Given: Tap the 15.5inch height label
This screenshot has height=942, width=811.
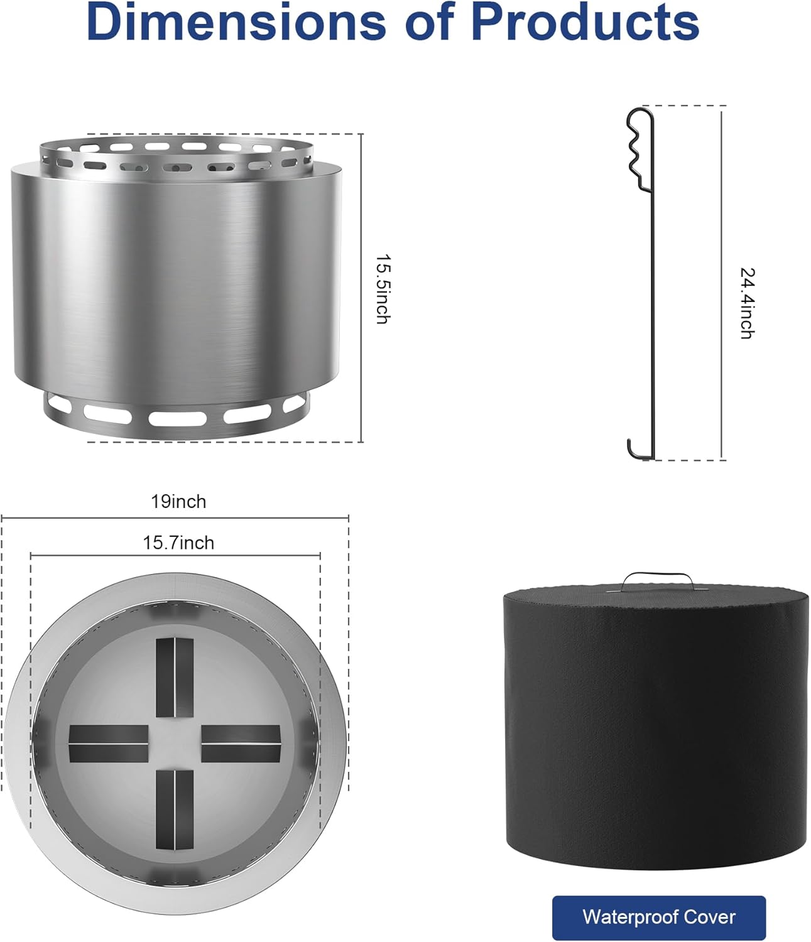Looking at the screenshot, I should pyautogui.click(x=383, y=289).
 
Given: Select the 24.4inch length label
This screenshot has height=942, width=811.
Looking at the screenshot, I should pyautogui.click(x=747, y=303).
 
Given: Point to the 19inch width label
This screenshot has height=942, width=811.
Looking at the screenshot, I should pyautogui.click(x=178, y=502).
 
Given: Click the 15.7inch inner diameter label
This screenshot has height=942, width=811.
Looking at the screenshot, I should pyautogui.click(x=178, y=543).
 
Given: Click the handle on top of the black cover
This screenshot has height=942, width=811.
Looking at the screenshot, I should pyautogui.click(x=658, y=579).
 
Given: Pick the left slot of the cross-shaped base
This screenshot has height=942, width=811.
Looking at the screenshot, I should pyautogui.click(x=108, y=744).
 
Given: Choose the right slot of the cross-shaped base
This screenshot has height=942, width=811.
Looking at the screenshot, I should pyautogui.click(x=241, y=744).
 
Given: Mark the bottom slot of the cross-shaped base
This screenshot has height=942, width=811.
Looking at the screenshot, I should pyautogui.click(x=175, y=810).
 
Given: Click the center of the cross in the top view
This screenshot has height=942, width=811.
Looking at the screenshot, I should pyautogui.click(x=175, y=744).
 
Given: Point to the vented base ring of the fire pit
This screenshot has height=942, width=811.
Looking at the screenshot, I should pyautogui.click(x=176, y=414).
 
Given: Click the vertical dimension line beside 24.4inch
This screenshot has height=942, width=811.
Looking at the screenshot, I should pyautogui.click(x=722, y=283).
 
